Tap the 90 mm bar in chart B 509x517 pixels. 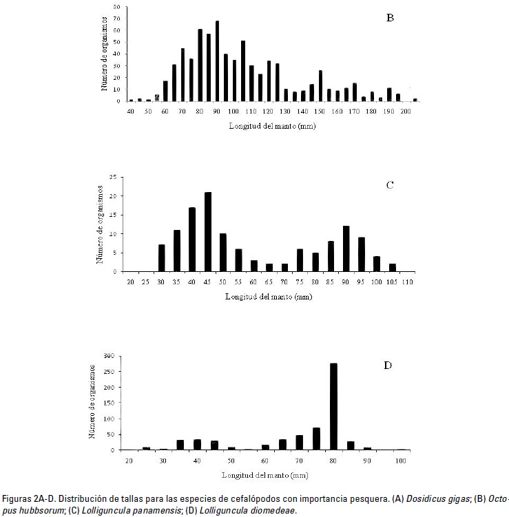217,61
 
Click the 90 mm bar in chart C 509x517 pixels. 346,249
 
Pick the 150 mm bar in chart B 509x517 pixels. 320,86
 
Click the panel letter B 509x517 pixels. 390,18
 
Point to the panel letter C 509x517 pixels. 389,184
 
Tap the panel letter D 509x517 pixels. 388,365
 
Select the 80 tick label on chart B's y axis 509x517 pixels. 116,7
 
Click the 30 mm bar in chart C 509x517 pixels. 162,258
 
